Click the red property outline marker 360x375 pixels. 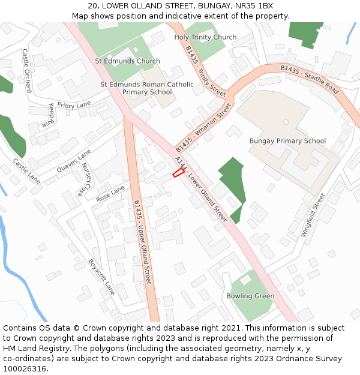click(178, 173)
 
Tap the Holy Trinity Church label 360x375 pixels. click(205, 37)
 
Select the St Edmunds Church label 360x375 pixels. click(127, 61)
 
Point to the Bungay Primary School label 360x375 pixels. click(287, 141)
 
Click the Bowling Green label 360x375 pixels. click(250, 296)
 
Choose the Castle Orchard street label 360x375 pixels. click(27, 71)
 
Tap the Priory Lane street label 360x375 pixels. click(74, 104)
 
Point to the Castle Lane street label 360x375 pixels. click(26, 171)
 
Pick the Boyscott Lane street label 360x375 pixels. click(101, 277)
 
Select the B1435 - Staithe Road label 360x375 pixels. click(310, 80)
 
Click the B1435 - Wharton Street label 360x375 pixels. click(203, 127)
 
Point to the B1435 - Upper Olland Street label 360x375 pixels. click(142, 241)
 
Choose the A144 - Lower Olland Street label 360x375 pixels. click(200, 188)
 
